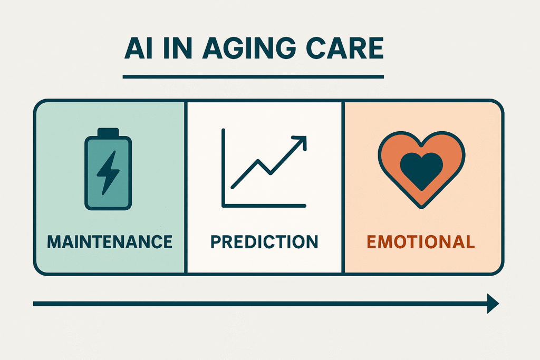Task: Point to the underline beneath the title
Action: point(253,77)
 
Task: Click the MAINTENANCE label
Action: point(110,242)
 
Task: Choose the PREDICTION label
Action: point(264,242)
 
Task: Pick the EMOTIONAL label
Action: point(421,242)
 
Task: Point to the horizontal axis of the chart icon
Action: point(264,205)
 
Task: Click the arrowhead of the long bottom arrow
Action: point(493,304)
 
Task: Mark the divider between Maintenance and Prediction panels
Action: point(186,187)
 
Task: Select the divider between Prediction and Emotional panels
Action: point(343,187)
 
